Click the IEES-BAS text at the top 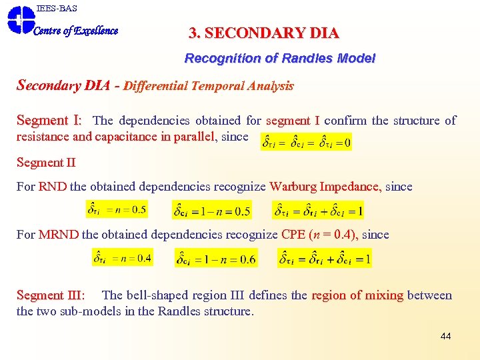(x=57, y=8)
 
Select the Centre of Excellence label (x=76, y=31)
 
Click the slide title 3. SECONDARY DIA (x=264, y=33)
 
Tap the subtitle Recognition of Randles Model (x=280, y=59)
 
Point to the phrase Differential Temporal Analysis (x=209, y=86)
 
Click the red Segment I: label (x=49, y=121)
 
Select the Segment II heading (x=46, y=162)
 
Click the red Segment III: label (x=51, y=295)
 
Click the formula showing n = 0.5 (x=117, y=210)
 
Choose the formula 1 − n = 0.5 (x=212, y=211)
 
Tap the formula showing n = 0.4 (x=122, y=257)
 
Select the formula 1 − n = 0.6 (x=216, y=259)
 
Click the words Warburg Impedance (x=325, y=187)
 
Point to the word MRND (x=59, y=235)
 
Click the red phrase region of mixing (x=357, y=295)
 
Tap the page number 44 (x=445, y=336)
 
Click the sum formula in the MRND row (x=325, y=258)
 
